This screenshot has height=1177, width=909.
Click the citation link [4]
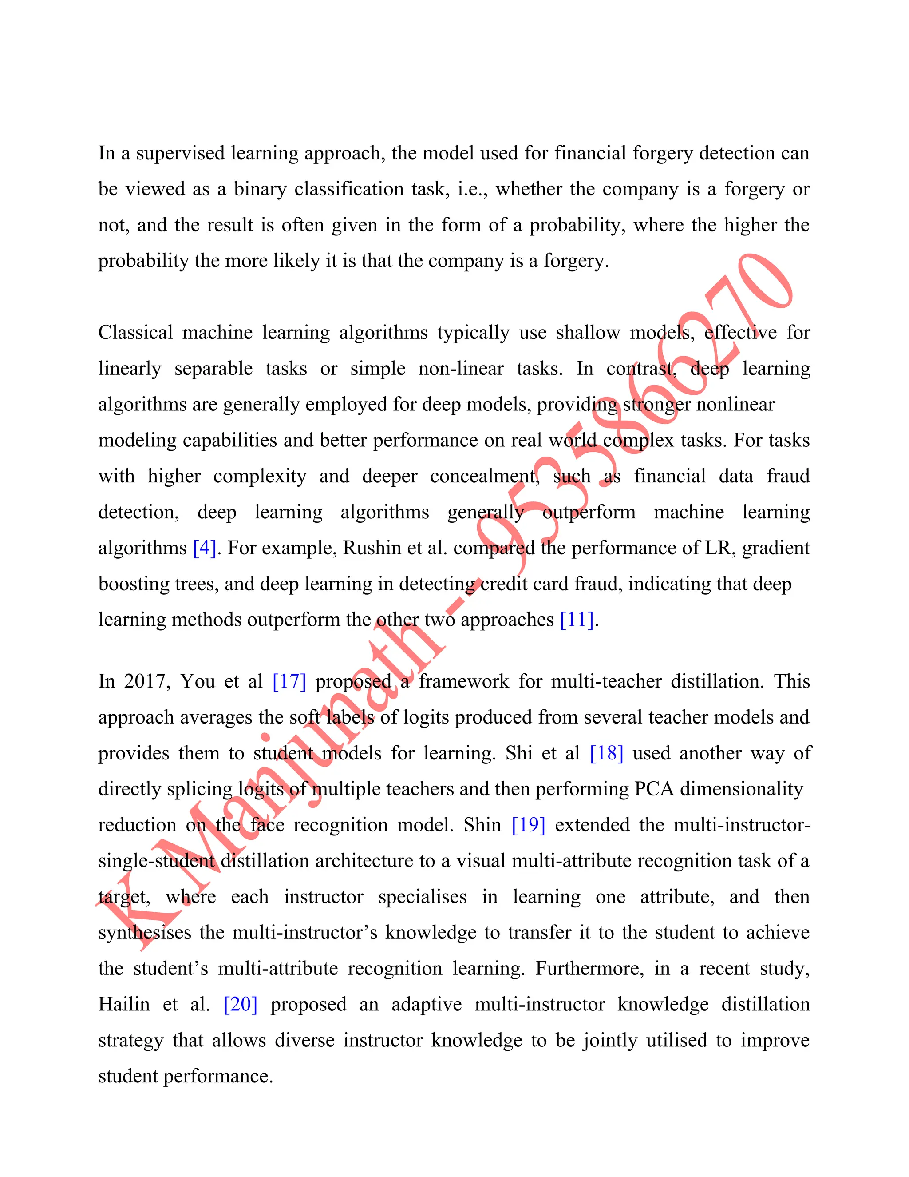tap(204, 548)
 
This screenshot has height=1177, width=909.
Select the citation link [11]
tap(577, 620)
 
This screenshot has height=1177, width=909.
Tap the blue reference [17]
tap(289, 682)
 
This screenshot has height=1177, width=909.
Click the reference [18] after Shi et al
tap(606, 753)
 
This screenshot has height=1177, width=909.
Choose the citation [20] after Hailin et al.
tap(240, 1005)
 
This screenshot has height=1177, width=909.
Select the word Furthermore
tap(589, 968)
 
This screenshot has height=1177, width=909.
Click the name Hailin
tap(124, 1005)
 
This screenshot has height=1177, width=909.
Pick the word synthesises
tap(144, 933)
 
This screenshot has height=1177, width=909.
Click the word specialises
tap(422, 897)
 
